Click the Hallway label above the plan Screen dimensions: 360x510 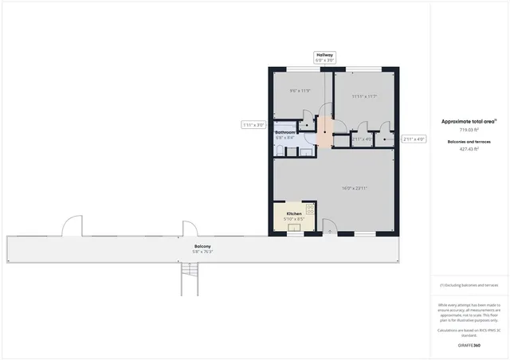(324, 54)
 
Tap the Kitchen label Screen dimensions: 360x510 (294, 213)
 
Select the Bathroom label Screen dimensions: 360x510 (285, 132)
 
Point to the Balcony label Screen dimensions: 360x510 (202, 246)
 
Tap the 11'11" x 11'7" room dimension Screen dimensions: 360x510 (363, 96)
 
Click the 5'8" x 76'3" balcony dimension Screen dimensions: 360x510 (202, 252)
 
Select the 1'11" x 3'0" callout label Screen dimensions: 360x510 (253, 125)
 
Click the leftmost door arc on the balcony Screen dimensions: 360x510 (73, 226)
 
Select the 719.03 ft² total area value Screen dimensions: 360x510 (469, 129)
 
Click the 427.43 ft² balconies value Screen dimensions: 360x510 (469, 148)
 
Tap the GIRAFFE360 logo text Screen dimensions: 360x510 (469, 346)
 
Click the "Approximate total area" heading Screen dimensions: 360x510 (469, 121)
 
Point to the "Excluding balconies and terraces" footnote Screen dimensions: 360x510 (469, 284)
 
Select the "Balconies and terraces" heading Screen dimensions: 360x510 (469, 141)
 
